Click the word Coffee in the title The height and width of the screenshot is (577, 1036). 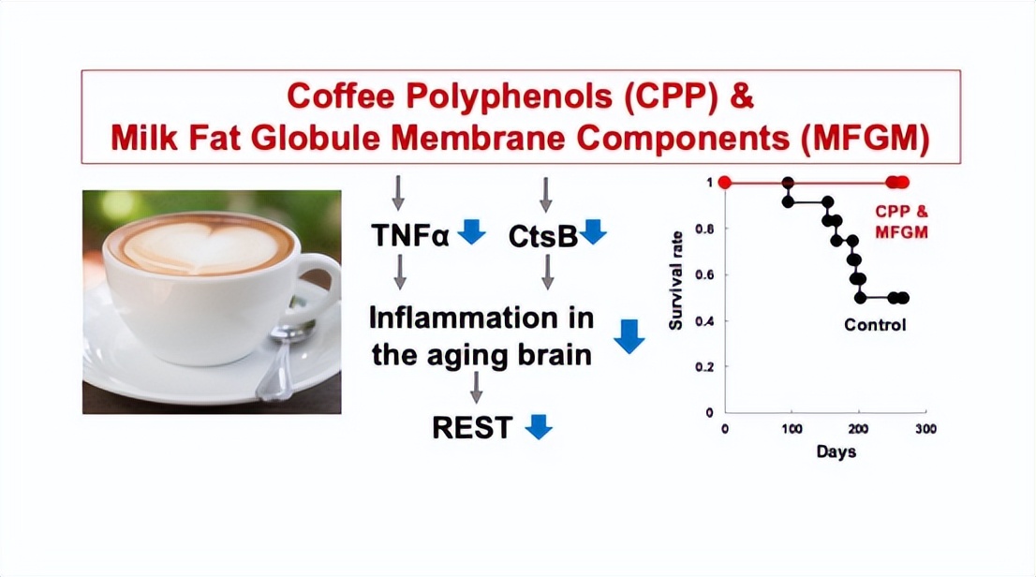340,96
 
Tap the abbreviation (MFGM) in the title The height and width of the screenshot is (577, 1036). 866,139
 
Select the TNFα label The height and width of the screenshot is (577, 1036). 409,235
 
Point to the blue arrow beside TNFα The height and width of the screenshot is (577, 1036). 472,232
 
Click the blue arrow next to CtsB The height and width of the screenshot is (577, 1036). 593,232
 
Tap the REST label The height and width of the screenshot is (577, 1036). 472,428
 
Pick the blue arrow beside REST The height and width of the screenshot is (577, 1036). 539,427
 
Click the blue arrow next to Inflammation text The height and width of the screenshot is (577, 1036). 629,336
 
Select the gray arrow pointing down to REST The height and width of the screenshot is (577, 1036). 476,387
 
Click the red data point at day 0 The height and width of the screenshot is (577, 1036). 725,183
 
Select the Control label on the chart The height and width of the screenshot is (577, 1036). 875,324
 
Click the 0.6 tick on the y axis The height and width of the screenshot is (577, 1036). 705,275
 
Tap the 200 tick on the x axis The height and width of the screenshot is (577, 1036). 858,429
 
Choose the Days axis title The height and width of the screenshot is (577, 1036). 836,452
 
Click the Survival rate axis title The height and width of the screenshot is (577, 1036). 675,281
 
